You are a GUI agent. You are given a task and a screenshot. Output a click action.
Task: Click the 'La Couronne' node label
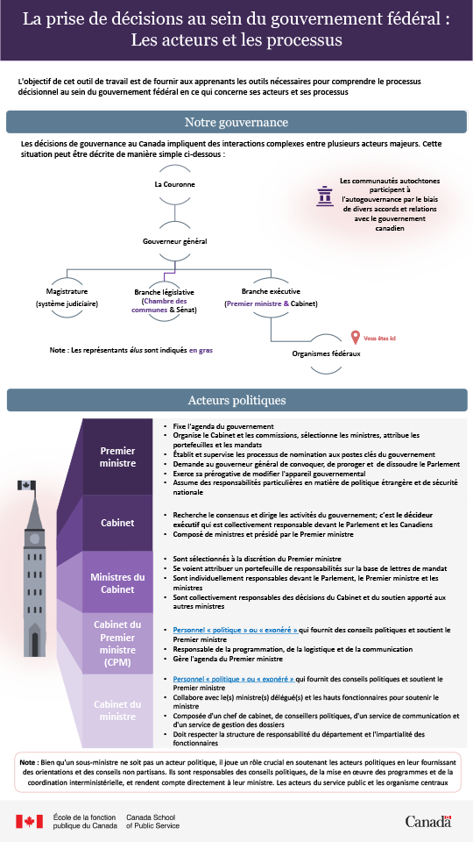coord(174,184)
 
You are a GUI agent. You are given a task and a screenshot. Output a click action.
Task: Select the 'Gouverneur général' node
coord(174,240)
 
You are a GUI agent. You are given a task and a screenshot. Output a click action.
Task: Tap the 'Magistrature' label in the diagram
coord(67,291)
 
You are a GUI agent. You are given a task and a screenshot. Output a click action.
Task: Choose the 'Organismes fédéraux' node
coord(326,353)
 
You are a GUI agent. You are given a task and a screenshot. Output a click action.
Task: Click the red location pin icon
coord(355,337)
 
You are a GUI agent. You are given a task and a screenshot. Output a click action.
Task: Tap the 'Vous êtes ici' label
coord(379,338)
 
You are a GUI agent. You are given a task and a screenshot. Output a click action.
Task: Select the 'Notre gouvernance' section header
coord(236,122)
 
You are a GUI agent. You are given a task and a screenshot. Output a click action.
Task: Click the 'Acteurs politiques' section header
coord(236,400)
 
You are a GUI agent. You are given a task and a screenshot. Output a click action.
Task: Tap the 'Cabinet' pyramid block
coord(117,522)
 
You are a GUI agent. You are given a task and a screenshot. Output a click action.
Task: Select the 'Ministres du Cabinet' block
coord(117,582)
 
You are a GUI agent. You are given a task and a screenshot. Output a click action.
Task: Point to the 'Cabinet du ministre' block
coord(117,710)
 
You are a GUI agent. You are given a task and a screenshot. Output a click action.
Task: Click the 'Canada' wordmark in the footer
coord(428,821)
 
